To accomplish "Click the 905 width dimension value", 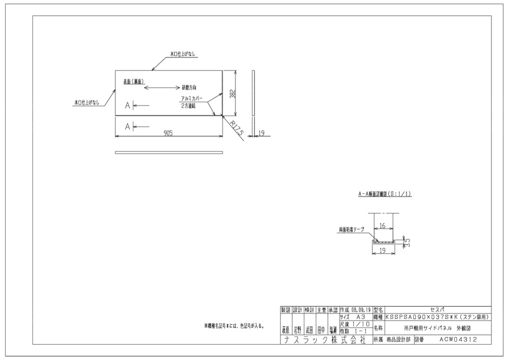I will click(168, 133).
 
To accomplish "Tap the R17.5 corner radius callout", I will click(237, 128).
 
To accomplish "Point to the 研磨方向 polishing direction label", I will click(189, 88).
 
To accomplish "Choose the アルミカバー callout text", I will click(192, 99).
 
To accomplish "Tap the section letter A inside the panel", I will click(127, 106).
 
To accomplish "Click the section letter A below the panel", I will click(127, 126).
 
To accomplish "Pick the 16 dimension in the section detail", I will click(382, 226).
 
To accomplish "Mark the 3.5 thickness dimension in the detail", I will click(407, 242).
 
